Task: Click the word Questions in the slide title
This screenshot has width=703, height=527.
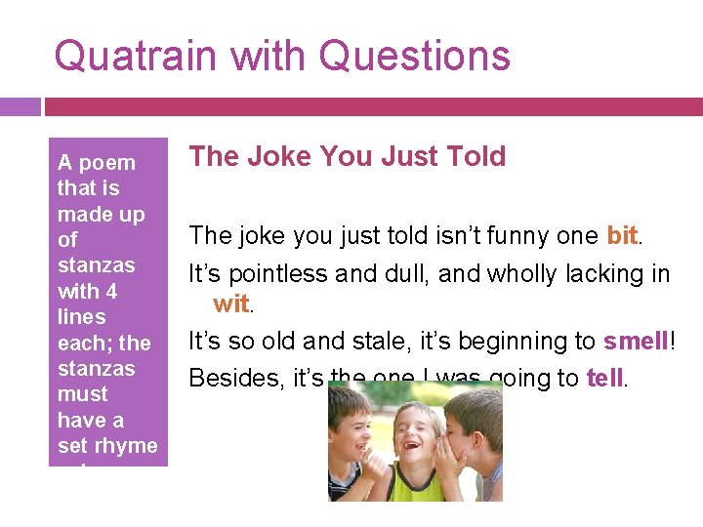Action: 414,56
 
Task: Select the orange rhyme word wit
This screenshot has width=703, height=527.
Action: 230,304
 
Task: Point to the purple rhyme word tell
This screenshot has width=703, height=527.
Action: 604,378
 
